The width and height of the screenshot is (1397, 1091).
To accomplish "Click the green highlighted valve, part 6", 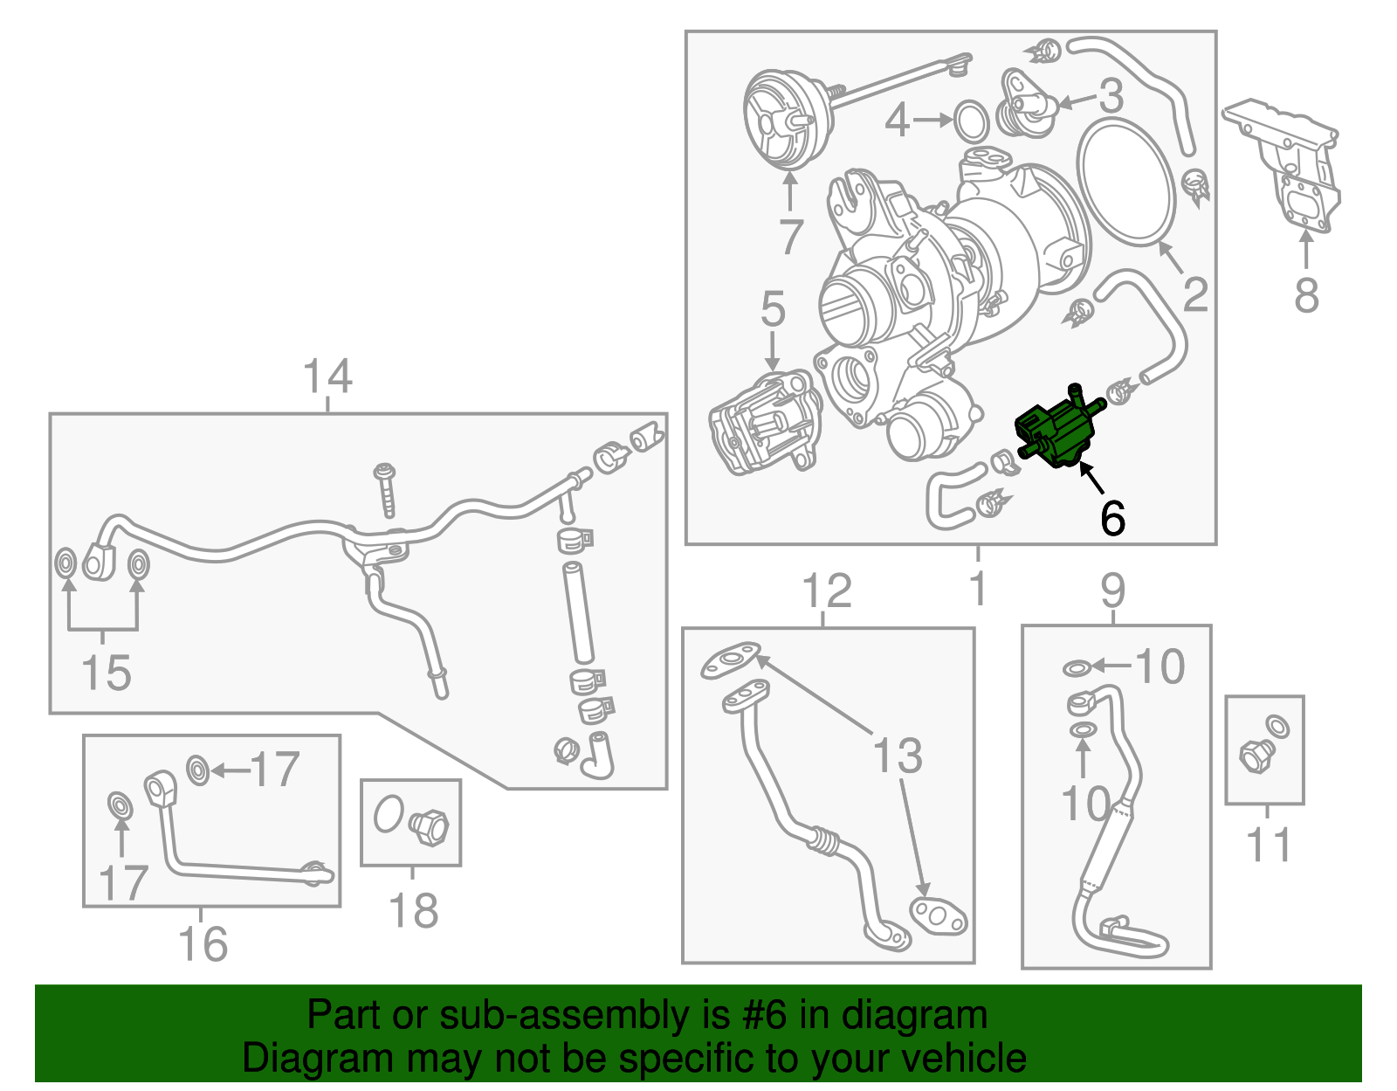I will (1055, 432).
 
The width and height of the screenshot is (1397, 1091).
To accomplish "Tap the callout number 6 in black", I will (1112, 519).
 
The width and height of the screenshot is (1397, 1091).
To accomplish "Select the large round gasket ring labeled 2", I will (1127, 183).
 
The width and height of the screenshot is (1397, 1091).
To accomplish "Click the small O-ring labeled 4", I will (970, 121).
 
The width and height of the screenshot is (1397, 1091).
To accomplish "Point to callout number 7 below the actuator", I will (790, 237).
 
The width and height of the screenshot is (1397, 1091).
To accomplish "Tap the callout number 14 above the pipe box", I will (327, 376).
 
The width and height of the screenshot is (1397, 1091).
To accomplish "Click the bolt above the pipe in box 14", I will (386, 489).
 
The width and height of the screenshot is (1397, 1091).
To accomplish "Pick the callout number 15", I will (106, 673).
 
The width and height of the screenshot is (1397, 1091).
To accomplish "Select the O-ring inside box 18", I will (389, 814).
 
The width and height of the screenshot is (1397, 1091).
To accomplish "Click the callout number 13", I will (898, 756).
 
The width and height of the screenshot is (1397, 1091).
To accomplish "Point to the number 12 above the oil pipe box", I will (826, 591).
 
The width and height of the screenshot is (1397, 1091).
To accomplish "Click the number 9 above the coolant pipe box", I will (1113, 591).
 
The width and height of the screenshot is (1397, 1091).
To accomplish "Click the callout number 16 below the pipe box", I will (203, 944).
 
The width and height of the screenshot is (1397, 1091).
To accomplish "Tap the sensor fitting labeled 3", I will (1026, 107).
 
